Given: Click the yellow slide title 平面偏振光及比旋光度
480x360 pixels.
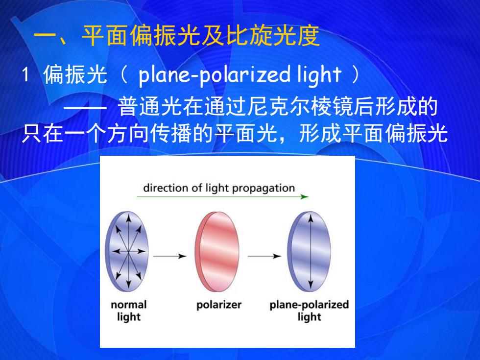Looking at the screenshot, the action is (x=201, y=35).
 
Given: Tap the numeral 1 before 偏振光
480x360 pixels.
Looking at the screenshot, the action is (x=26, y=74).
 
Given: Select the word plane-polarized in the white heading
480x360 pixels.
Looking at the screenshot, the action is (x=214, y=75).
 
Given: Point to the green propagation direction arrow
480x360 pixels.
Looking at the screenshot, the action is (x=222, y=196).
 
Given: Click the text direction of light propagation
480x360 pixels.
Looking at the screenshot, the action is (x=219, y=188).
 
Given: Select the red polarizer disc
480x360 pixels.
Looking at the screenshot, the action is (x=216, y=252).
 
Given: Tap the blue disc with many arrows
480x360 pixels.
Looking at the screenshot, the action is (x=127, y=251).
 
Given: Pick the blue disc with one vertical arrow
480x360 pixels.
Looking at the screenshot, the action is (x=309, y=251).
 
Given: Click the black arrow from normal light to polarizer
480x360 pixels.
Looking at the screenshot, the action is (x=170, y=256).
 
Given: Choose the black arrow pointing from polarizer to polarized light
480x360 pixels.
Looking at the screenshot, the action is (x=264, y=256).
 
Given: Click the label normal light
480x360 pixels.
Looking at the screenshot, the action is (x=128, y=311).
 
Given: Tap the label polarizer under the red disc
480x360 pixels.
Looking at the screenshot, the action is (x=219, y=305).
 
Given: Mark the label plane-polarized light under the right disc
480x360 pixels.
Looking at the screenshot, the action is (x=309, y=311).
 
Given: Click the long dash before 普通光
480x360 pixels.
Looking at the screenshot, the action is (x=85, y=108).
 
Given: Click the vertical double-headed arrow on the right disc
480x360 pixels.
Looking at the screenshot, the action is (x=311, y=252).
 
